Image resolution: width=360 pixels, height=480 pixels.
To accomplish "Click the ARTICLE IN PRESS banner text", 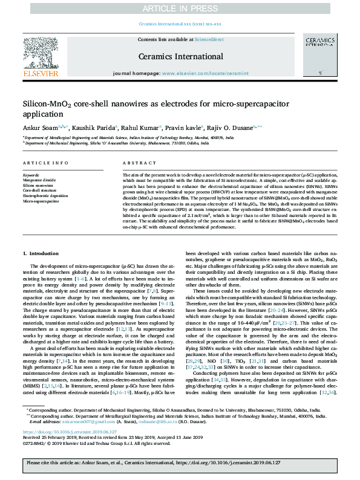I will pos(180,8).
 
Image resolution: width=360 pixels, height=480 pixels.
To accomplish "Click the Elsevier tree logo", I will pos(41,55).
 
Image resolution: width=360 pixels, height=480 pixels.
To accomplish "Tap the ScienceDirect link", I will pos(209,39).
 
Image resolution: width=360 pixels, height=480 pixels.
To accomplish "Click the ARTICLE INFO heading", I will pos(41,164).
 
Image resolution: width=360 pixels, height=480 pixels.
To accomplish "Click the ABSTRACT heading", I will pos(135,164).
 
